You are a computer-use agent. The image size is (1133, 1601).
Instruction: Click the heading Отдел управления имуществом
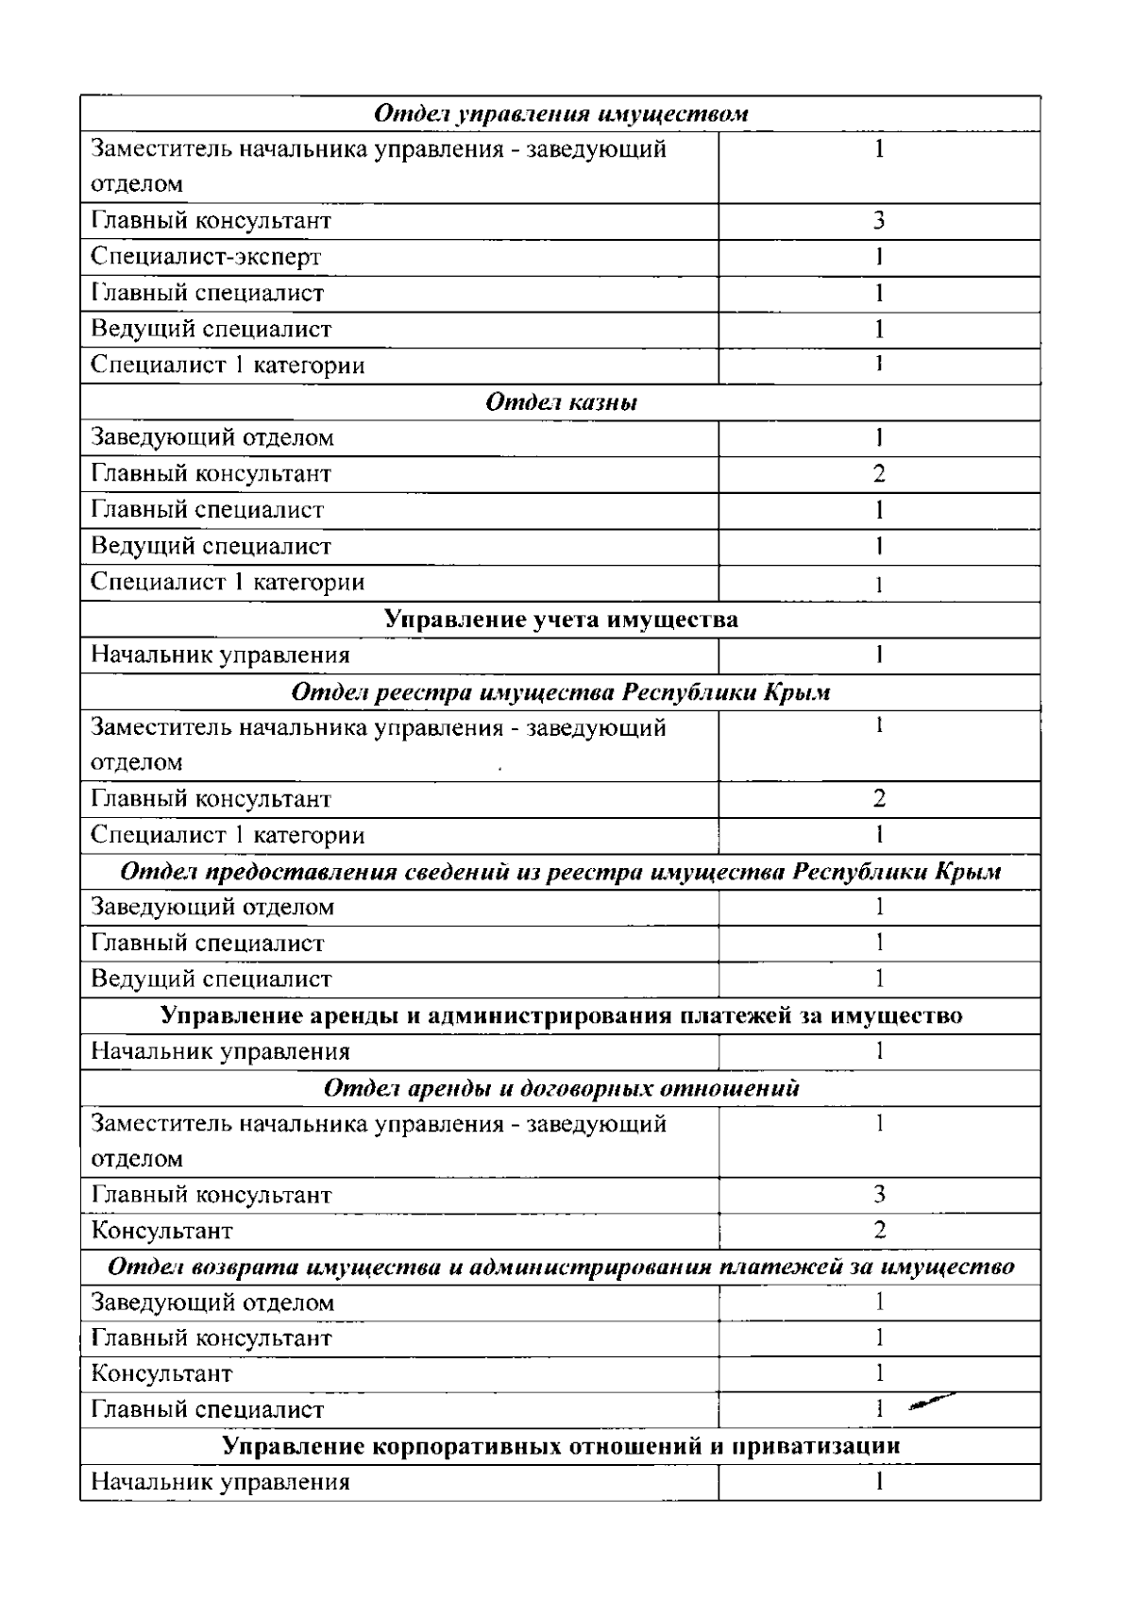561,114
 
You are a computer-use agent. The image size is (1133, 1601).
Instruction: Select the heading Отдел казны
561,402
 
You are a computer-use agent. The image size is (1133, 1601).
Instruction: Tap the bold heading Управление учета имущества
561,620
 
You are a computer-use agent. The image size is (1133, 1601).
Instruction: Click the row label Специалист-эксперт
206,257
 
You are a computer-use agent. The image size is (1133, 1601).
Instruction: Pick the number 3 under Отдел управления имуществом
878,221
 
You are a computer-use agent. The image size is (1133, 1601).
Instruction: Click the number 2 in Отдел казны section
878,474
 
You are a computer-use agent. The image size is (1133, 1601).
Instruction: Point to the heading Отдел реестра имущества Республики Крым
561,692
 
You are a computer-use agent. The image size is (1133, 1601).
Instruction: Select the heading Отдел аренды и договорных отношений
561,1088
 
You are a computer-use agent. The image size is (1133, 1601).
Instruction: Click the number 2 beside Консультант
879,1231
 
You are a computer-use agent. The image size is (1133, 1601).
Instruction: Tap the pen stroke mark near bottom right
930,1404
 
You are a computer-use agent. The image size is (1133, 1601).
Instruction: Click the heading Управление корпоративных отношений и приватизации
561,1446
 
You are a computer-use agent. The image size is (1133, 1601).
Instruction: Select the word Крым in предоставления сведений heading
967,871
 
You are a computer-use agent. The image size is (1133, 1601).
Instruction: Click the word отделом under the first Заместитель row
137,184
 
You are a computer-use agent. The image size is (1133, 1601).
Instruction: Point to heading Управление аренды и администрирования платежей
561,1015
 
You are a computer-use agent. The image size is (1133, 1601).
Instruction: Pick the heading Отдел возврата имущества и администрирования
561,1267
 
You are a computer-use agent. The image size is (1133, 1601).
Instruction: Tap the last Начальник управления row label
220,1482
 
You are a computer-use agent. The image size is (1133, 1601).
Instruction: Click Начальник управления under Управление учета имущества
220,656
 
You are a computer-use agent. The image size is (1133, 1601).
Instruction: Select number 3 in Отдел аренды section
879,1195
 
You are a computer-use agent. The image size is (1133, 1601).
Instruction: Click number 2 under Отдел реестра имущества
878,799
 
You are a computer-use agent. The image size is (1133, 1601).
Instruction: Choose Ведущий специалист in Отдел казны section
211,547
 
